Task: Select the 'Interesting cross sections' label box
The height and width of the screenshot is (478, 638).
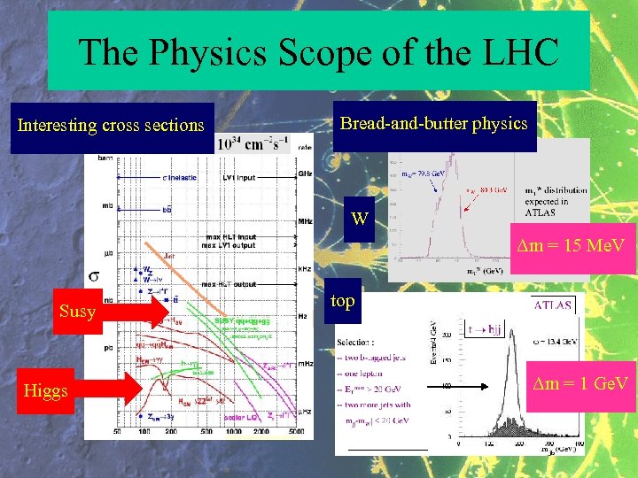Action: pyautogui.click(x=111, y=126)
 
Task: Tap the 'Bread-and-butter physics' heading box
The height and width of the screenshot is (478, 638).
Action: pyautogui.click(x=434, y=124)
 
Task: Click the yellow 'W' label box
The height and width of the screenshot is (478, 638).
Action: pyautogui.click(x=360, y=218)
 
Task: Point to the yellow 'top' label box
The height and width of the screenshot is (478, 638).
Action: pyautogui.click(x=343, y=301)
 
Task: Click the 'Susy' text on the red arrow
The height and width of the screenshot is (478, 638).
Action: pyautogui.click(x=77, y=312)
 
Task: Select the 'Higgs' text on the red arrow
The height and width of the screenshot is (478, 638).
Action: pyautogui.click(x=46, y=390)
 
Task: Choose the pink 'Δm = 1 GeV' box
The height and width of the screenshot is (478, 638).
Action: pyautogui.click(x=580, y=382)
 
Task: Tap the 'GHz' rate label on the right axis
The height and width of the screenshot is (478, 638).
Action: pyautogui.click(x=305, y=173)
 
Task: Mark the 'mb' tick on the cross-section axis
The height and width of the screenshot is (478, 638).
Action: pyautogui.click(x=106, y=206)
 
